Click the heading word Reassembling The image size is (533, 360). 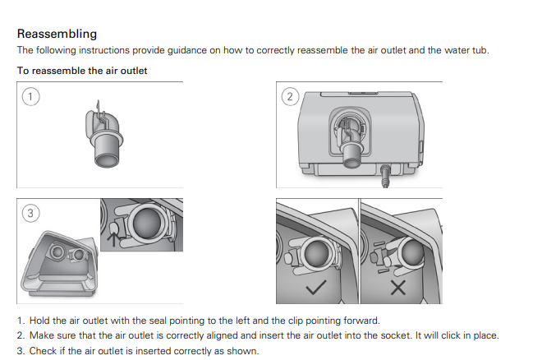click(x=57, y=34)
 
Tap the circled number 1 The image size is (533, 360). click(x=30, y=97)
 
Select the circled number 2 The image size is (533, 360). click(x=290, y=97)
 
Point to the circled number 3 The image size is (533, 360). click(x=30, y=213)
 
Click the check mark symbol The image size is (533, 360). click(x=316, y=287)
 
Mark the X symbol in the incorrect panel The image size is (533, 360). click(x=398, y=288)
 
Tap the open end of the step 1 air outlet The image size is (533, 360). click(x=107, y=159)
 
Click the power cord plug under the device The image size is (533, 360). click(x=385, y=176)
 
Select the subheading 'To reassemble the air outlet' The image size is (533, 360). click(x=82, y=71)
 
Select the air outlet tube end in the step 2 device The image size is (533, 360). click(x=351, y=155)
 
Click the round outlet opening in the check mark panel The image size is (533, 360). click(x=317, y=252)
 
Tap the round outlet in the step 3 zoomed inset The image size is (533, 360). click(x=147, y=222)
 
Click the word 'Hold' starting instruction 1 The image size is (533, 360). click(x=39, y=321)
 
